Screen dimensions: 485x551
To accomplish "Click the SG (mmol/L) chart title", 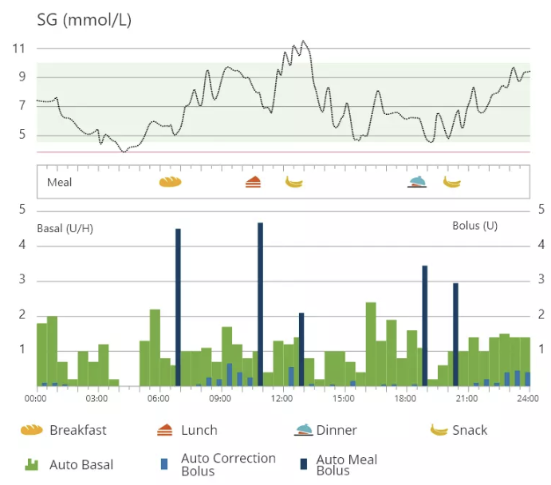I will click(x=84, y=20).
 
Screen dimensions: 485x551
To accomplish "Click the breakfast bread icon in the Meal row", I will click(x=171, y=182).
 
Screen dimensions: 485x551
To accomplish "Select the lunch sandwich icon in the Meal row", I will click(x=253, y=182).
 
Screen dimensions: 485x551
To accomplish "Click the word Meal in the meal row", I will click(x=59, y=182).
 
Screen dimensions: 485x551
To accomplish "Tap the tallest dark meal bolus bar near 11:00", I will click(x=260, y=303).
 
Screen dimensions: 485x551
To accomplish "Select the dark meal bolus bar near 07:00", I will click(x=178, y=307).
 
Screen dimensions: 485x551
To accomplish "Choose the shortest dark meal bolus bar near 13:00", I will click(x=301, y=349).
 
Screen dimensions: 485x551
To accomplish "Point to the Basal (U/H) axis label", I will click(x=65, y=229).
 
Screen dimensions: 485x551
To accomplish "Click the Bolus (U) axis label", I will click(x=474, y=226).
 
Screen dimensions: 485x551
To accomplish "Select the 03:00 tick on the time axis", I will click(x=96, y=397).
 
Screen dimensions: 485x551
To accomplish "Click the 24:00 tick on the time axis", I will click(x=527, y=397).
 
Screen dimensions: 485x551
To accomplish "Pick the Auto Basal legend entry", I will click(x=81, y=464).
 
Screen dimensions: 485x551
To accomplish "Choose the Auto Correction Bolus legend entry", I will click(x=228, y=464).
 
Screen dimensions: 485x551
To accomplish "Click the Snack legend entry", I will click(x=469, y=430).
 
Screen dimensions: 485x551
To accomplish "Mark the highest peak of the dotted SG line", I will click(x=303, y=41).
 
